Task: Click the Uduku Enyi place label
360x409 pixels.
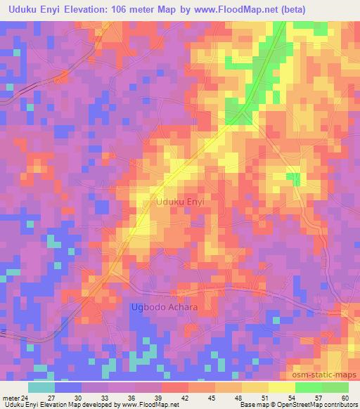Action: [180, 202]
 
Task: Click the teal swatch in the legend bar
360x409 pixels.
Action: [41, 387]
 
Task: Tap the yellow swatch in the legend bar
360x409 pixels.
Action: [281, 387]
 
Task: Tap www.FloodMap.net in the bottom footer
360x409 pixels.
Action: [150, 405]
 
